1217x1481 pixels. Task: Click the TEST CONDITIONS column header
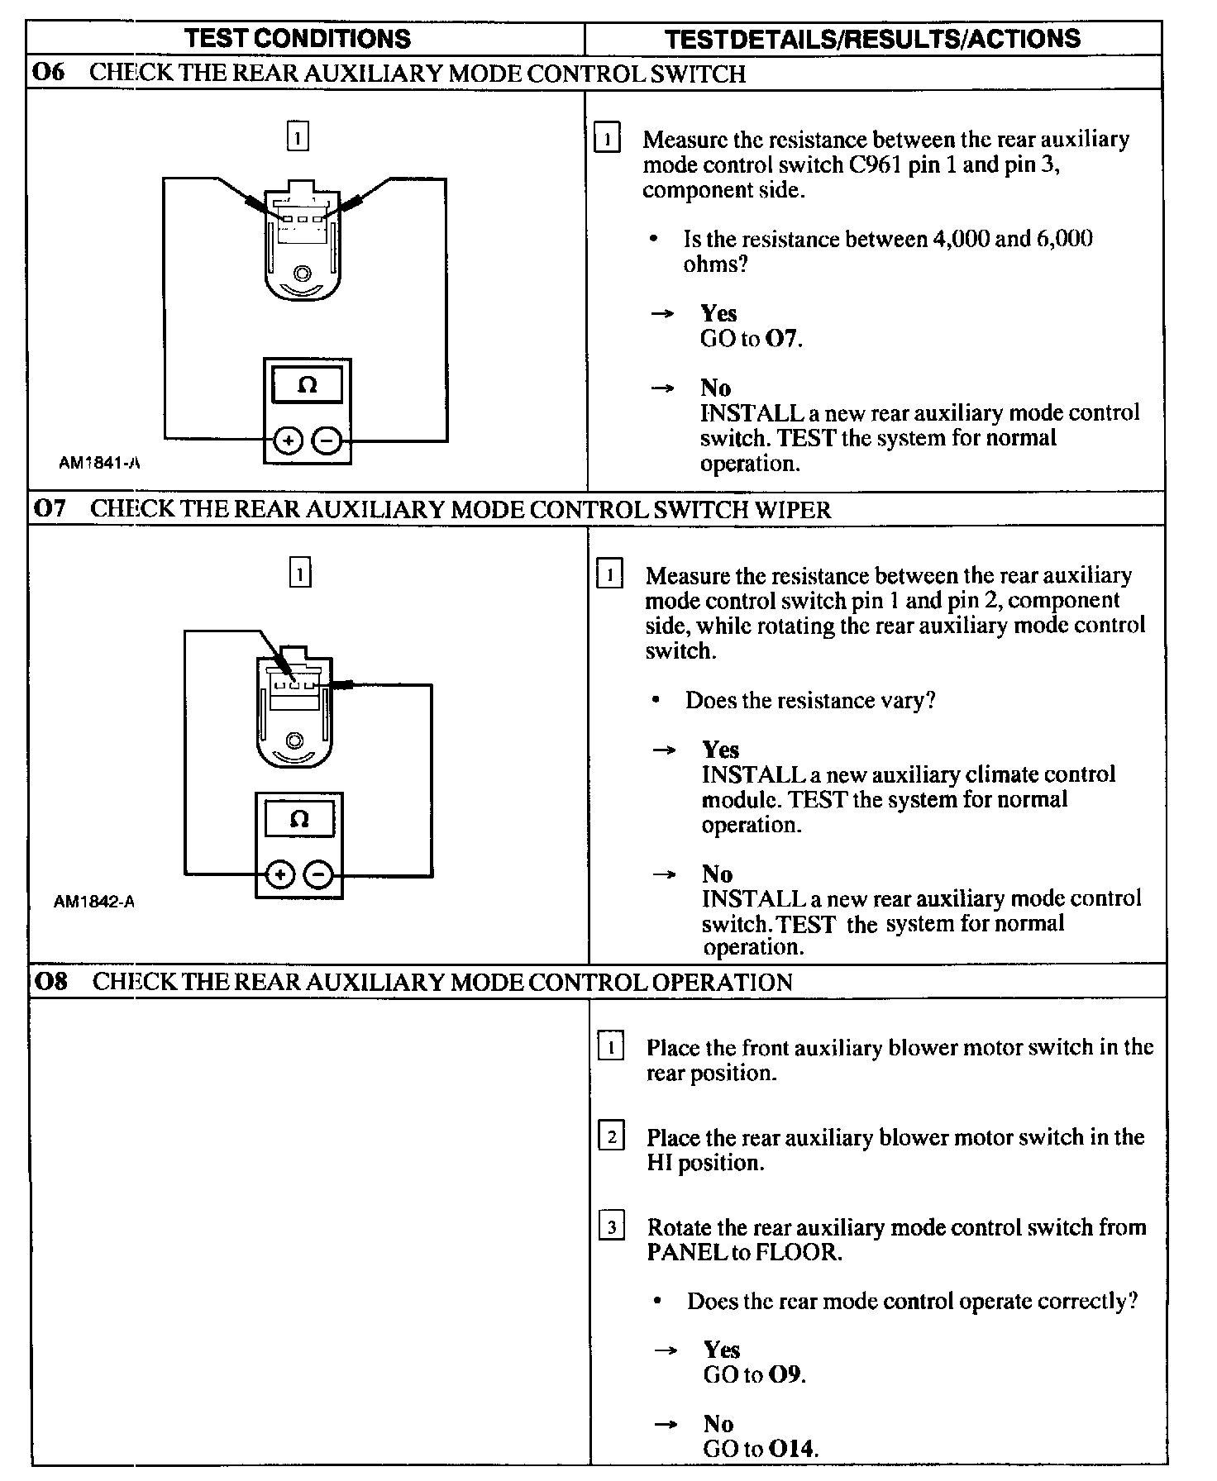pyautogui.click(x=297, y=39)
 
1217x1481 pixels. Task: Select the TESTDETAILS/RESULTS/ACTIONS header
pyautogui.click(x=872, y=39)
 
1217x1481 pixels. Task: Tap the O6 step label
pyautogui.click(x=48, y=73)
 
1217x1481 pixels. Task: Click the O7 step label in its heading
pyautogui.click(x=50, y=508)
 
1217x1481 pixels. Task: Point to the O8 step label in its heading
pyautogui.click(x=51, y=982)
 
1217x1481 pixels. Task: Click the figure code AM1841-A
pyautogui.click(x=99, y=463)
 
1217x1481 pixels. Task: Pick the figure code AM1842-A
pyautogui.click(x=94, y=902)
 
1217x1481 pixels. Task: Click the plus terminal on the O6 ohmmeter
pyautogui.click(x=288, y=442)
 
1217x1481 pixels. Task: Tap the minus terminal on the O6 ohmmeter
pyautogui.click(x=327, y=442)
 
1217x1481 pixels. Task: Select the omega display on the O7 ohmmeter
pyautogui.click(x=299, y=819)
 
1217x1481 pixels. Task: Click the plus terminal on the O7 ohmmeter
pyautogui.click(x=280, y=874)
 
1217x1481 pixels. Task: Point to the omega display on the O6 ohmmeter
pyautogui.click(x=307, y=385)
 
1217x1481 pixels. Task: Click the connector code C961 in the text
pyautogui.click(x=875, y=164)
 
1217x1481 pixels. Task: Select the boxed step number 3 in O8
pyautogui.click(x=611, y=1226)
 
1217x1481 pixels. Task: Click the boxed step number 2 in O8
pyautogui.click(x=611, y=1137)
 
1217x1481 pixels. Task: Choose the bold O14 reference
pyautogui.click(x=793, y=1448)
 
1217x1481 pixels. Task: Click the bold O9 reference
pyautogui.click(x=786, y=1374)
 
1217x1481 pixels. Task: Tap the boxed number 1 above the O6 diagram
pyautogui.click(x=298, y=136)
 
